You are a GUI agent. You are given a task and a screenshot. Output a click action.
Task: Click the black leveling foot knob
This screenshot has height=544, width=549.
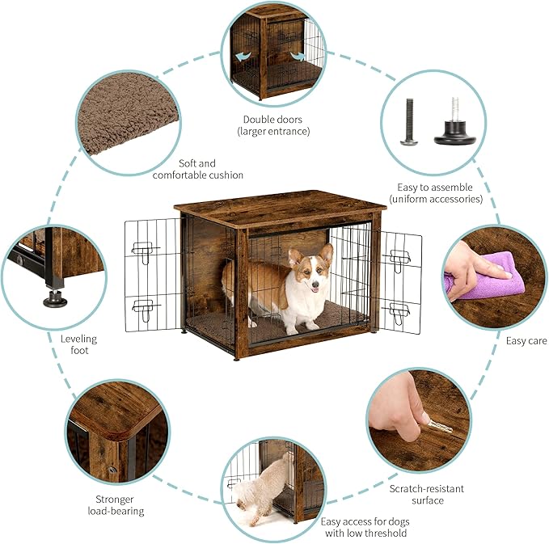pyautogui.click(x=55, y=297)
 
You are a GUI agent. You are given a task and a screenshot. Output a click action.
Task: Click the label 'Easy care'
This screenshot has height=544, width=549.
pyautogui.click(x=526, y=341)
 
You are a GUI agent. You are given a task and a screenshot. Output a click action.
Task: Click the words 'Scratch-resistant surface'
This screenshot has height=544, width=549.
pyautogui.click(x=426, y=494)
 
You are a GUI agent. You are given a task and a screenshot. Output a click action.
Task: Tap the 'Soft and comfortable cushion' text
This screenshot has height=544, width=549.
pyautogui.click(x=197, y=168)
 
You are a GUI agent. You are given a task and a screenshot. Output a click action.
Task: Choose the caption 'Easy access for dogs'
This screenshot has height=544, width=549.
pyautogui.click(x=366, y=527)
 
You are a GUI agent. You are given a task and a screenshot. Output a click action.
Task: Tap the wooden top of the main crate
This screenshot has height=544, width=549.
pyautogui.click(x=279, y=206)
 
